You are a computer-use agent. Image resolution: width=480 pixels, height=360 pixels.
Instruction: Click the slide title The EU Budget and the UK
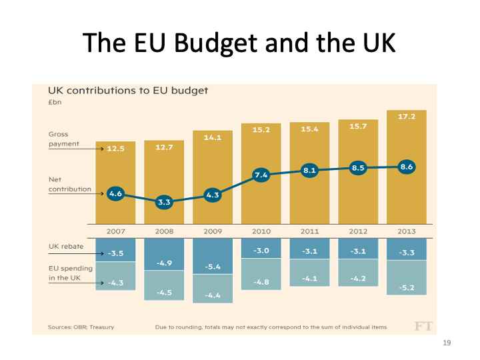(239, 43)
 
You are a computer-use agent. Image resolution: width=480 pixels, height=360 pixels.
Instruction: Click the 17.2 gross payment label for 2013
(406, 116)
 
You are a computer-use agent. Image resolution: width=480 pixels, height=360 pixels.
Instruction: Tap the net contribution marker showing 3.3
(164, 201)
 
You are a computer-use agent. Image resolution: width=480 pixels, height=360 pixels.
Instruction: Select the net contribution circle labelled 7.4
(261, 175)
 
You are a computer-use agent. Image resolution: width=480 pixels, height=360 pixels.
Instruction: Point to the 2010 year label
(261, 231)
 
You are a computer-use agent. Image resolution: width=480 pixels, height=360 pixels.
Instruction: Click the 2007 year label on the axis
(115, 231)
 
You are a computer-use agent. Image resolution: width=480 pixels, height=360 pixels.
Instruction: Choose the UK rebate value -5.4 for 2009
(212, 267)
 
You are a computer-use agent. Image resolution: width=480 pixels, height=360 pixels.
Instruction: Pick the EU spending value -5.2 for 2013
(406, 287)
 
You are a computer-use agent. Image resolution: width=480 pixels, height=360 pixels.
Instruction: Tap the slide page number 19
(447, 343)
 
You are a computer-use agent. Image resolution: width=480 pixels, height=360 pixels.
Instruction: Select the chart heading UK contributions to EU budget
(128, 90)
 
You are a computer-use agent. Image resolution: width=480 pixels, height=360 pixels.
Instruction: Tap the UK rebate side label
(66, 246)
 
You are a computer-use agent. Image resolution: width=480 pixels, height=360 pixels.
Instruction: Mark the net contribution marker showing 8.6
(406, 167)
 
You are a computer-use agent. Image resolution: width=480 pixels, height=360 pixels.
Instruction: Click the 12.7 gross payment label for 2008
(164, 147)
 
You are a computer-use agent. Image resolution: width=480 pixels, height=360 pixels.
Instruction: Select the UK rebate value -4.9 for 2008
(164, 263)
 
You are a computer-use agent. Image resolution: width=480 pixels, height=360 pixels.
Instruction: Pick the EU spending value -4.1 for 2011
(309, 278)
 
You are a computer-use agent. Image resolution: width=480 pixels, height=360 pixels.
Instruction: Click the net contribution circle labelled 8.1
(309, 171)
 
